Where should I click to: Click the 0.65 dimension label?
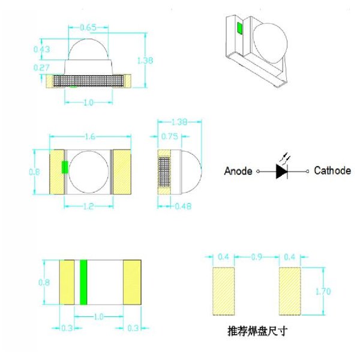click(88, 28)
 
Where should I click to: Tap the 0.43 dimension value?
click(41, 49)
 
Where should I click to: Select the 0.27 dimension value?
click(41, 67)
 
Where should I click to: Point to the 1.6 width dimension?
click(90, 137)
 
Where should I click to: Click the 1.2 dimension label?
click(88, 206)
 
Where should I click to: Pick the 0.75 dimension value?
click(169, 136)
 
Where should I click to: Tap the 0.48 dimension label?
click(183, 206)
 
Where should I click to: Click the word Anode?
click(238, 171)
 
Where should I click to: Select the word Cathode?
click(332, 170)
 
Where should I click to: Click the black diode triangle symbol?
click(281, 171)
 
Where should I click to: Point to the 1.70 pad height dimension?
click(323, 292)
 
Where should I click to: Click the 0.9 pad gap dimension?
click(257, 257)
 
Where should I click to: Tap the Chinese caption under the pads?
click(257, 331)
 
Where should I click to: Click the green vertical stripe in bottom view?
click(83, 283)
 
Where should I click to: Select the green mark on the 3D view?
click(239, 28)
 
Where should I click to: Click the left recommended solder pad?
click(224, 291)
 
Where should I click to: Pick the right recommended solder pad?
click(290, 291)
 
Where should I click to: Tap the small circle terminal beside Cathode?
click(307, 171)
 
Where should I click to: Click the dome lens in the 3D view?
click(270, 43)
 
